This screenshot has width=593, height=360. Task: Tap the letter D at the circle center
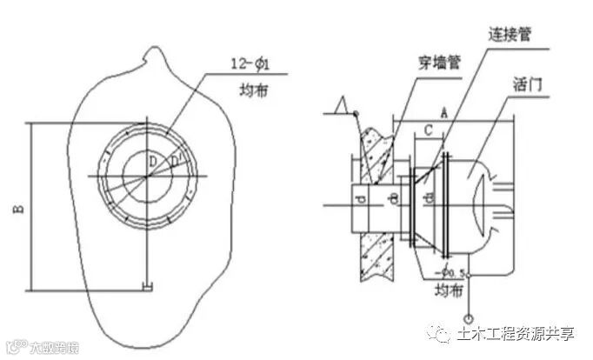(152, 162)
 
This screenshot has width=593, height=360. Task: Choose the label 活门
(530, 84)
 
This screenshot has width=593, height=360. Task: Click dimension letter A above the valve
(444, 111)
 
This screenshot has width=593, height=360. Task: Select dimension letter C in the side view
(428, 130)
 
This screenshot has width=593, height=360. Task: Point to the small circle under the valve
(471, 318)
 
